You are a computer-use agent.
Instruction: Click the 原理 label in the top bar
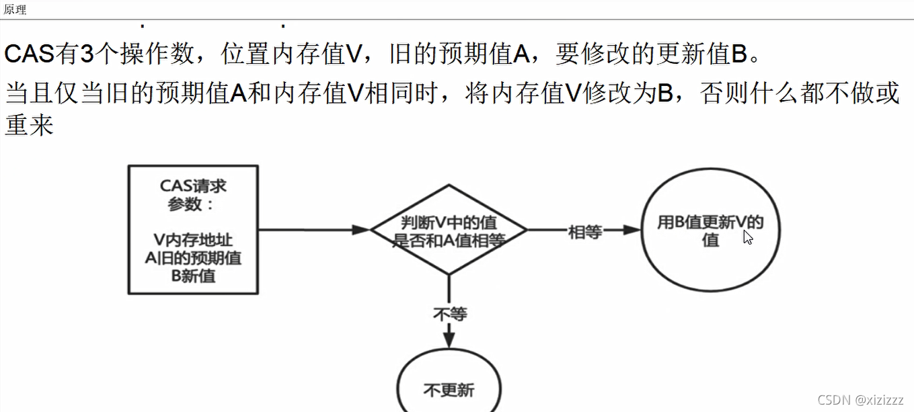(x=15, y=10)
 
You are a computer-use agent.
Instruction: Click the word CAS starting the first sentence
(x=30, y=54)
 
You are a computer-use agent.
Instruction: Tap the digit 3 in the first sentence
(x=87, y=54)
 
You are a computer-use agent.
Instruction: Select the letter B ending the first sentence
(x=738, y=54)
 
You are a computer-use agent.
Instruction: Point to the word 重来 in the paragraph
(x=29, y=125)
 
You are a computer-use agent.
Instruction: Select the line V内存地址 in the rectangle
(x=193, y=241)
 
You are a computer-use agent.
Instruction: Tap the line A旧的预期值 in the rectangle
(x=193, y=258)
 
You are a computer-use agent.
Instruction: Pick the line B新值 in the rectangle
(x=193, y=275)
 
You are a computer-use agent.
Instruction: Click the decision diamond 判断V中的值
(x=449, y=231)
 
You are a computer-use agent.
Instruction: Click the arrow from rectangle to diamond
(x=309, y=229)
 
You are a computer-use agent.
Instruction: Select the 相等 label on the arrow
(x=584, y=233)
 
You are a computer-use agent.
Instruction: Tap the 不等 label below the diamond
(x=450, y=314)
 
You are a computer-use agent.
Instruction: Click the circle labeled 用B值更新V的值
(x=710, y=230)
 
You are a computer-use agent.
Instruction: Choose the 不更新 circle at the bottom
(x=449, y=388)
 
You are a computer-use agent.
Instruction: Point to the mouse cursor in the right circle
(x=747, y=237)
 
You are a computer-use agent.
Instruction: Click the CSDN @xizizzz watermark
(x=861, y=400)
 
